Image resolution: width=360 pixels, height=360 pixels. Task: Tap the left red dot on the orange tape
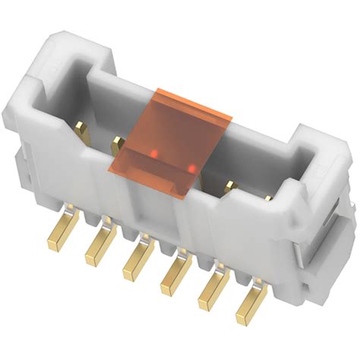tap(154, 153)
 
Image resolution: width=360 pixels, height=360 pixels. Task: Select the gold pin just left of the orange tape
tap(118, 142)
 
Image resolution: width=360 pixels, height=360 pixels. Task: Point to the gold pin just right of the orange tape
tap(229, 184)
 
